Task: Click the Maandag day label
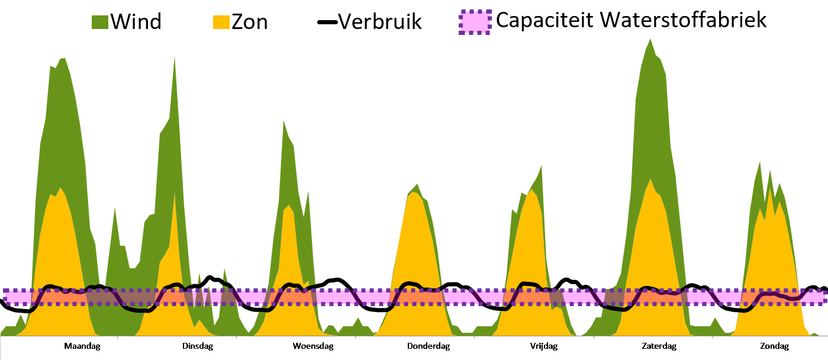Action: pos(82,346)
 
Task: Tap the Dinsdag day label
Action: pos(198,346)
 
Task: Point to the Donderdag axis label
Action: pos(429,346)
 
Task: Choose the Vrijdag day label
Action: pos(543,346)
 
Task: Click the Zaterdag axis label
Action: pos(659,346)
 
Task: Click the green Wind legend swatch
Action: pos(99,22)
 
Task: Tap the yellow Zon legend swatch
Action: pos(221,22)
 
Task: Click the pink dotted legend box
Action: pos(475,22)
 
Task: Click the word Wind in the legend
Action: pos(136,22)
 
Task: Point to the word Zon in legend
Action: pos(249,22)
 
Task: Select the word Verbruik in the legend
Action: pos(379,22)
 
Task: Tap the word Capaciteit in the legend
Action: pos(544,21)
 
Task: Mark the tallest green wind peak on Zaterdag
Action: pos(650,41)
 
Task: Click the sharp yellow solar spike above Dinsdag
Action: pos(174,195)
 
